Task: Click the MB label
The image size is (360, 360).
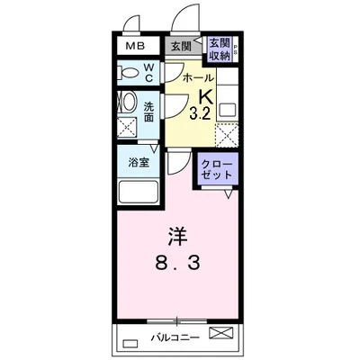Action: (134, 46)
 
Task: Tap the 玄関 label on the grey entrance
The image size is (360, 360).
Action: (180, 46)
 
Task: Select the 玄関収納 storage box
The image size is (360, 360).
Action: (218, 49)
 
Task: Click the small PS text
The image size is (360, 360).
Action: (235, 52)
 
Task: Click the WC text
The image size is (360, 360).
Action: (149, 72)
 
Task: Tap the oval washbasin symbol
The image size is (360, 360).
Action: (127, 104)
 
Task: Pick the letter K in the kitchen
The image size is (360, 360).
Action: (204, 95)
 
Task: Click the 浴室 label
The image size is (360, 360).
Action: (139, 164)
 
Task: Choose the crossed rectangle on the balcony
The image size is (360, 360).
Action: (220, 334)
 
